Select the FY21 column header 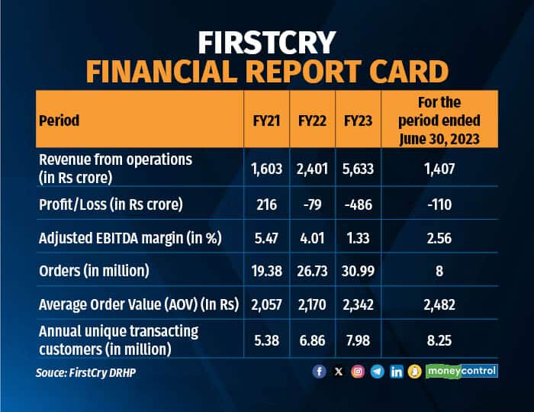point(265,120)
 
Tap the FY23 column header point(357,120)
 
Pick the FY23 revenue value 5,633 point(357,168)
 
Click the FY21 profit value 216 point(265,204)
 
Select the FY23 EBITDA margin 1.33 point(357,238)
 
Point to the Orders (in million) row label point(94,272)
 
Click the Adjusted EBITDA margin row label point(129,238)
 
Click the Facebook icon point(320,372)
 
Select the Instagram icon point(358,372)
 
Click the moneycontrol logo point(462,372)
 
